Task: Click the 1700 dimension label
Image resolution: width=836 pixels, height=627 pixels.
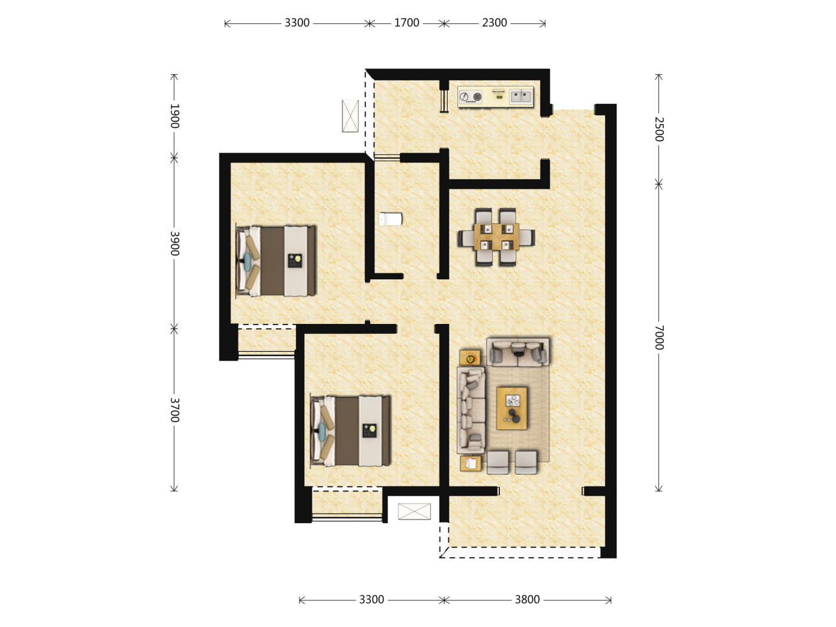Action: pos(406,23)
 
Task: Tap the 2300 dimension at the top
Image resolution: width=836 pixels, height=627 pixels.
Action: pos(495,23)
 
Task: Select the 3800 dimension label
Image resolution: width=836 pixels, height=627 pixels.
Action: pos(527,600)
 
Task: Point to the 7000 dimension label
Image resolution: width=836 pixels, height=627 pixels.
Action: pos(659,337)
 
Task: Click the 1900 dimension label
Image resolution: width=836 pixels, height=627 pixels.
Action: pos(174,116)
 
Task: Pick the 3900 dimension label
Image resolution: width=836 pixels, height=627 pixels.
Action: pos(174,243)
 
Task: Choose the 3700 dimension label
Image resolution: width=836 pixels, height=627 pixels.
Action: pos(174,410)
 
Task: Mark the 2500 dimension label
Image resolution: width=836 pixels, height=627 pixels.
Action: pos(659,129)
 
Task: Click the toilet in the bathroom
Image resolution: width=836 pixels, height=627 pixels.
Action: pos(390,219)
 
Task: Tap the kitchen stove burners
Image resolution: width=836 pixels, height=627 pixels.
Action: pos(470,97)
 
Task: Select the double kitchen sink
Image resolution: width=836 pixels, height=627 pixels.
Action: pos(520,97)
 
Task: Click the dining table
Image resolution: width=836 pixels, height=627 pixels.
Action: pos(496,236)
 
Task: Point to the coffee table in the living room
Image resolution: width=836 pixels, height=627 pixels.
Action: pos(512,408)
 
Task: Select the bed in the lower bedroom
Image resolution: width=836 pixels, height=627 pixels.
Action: pos(351,431)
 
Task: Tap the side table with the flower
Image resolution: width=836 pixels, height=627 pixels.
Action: pos(470,358)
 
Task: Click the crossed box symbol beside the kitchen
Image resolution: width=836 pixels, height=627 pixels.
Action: pos(350,116)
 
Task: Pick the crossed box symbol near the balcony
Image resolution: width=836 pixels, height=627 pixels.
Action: pos(415,511)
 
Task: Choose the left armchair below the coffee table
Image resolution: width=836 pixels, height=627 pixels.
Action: pos(498,462)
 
